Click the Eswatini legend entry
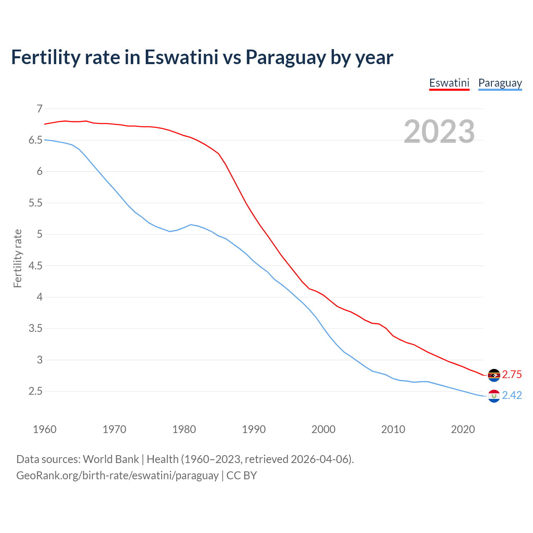tap(449, 83)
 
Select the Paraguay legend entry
tap(500, 83)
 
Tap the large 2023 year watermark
tap(439, 132)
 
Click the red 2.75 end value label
tap(512, 374)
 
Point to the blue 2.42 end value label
tap(512, 395)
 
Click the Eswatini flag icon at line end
tap(494, 375)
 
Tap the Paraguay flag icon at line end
tap(494, 396)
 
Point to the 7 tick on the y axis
tap(40, 109)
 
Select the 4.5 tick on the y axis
tap(35, 266)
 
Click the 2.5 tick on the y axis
tap(35, 391)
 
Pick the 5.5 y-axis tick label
tap(35, 203)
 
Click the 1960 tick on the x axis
tap(45, 429)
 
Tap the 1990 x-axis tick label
tap(254, 429)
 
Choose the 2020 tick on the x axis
tap(463, 429)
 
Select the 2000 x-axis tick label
tap(323, 429)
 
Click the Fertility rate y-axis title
tap(17, 258)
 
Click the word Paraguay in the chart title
tap(285, 57)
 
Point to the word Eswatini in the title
tap(181, 57)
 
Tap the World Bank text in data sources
tap(111, 459)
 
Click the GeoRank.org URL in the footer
tap(117, 475)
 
